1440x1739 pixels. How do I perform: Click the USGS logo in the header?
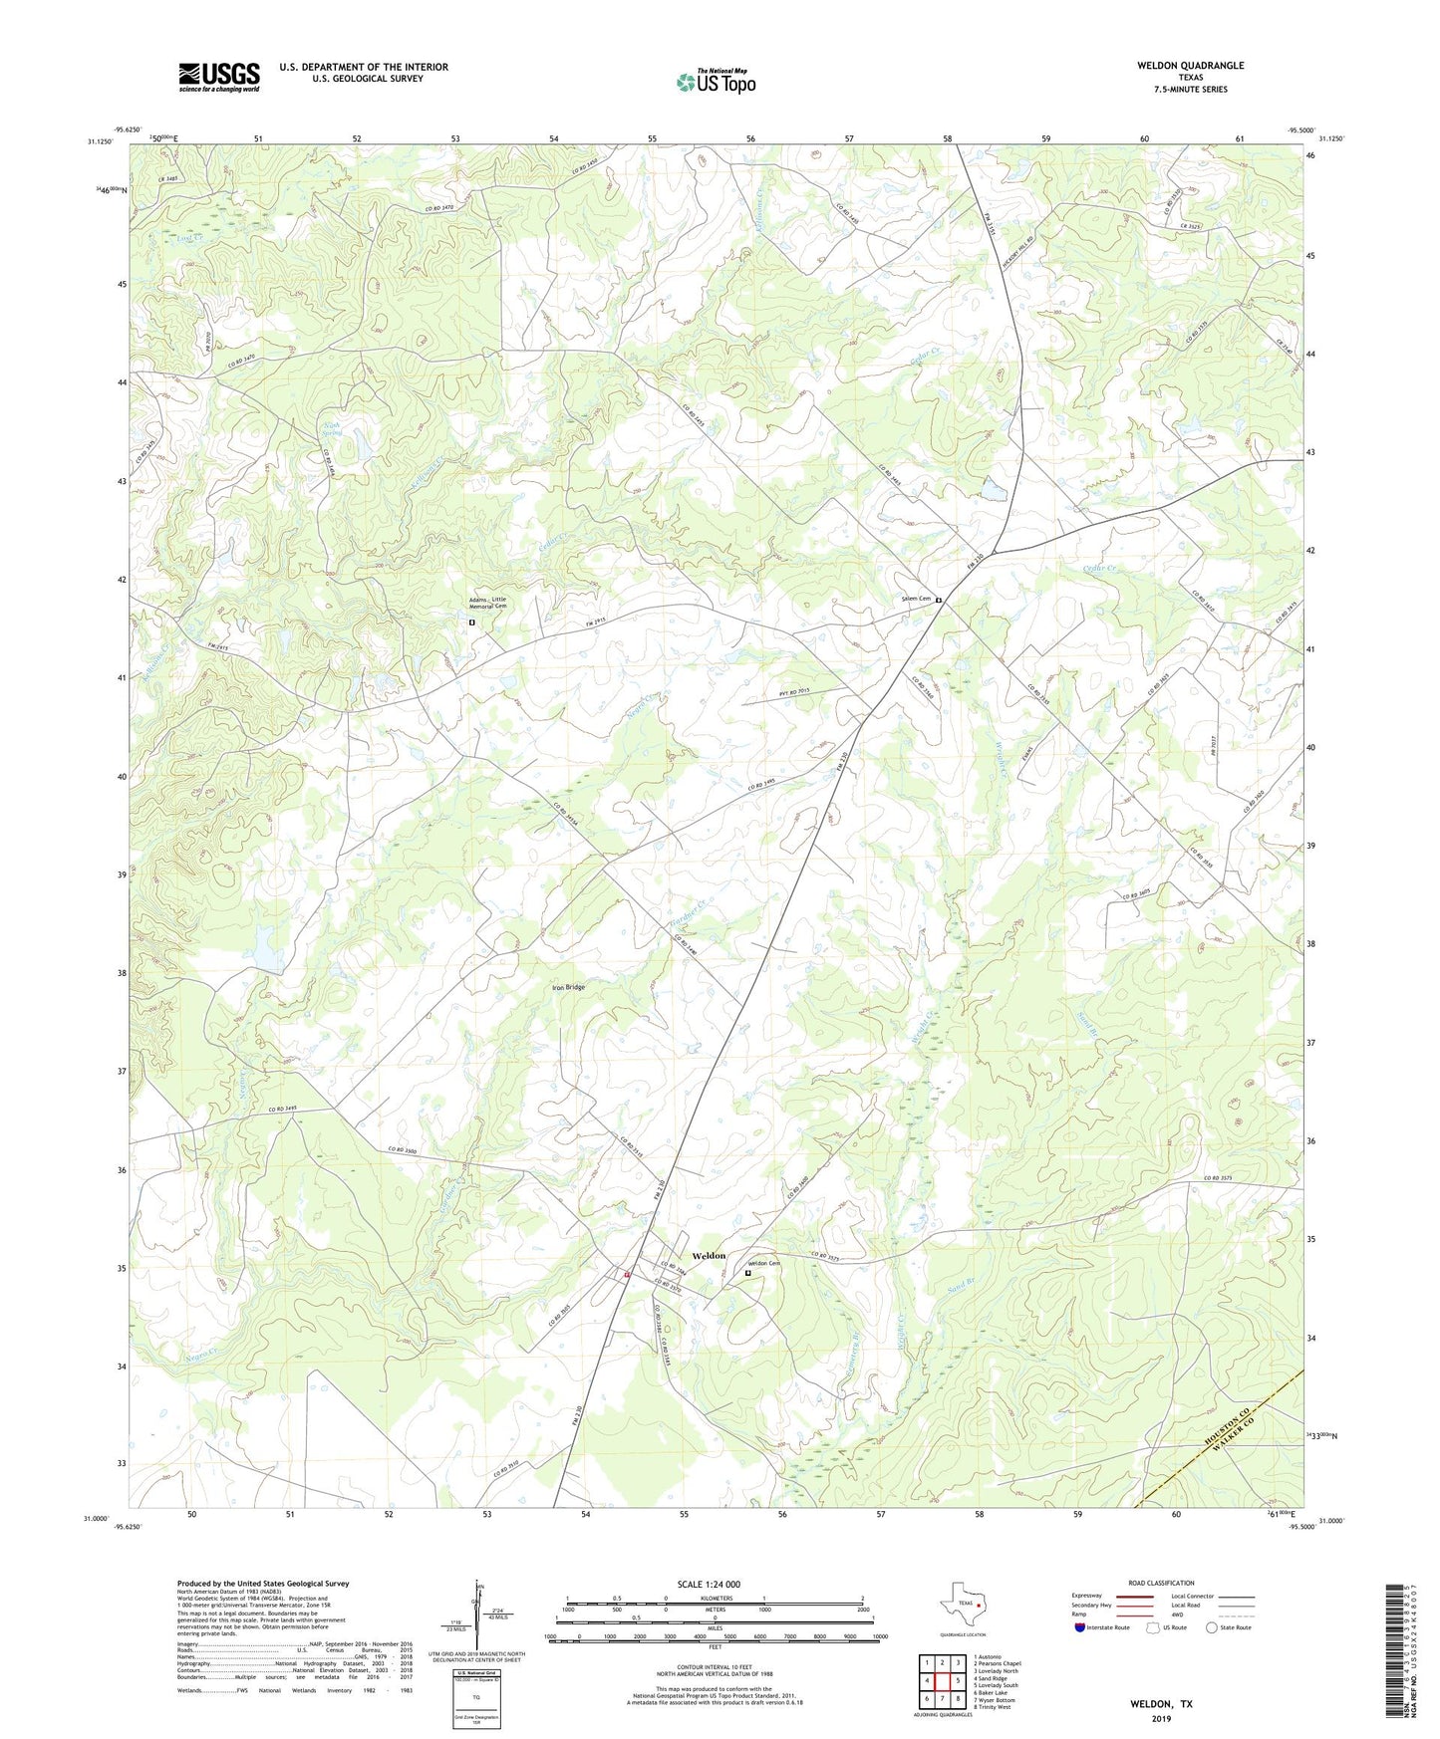pos(219,76)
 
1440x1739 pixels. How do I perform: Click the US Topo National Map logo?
pos(716,81)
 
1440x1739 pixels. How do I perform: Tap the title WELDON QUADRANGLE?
pos(1190,66)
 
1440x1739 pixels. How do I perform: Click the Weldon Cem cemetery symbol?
pos(748,1272)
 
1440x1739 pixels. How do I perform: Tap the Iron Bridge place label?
pos(569,987)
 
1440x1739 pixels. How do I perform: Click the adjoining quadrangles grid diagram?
pos(942,1683)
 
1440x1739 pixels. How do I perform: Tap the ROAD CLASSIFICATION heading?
pos(1161,1583)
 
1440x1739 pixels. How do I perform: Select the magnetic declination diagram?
pos(478,1612)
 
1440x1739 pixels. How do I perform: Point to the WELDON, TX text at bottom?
pos(1160,1704)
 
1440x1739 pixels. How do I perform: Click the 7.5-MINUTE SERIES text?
pos(1191,90)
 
